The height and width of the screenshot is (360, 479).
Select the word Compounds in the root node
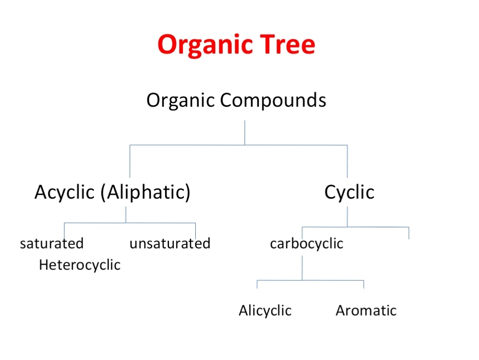(x=273, y=100)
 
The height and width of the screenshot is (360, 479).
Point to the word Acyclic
(x=65, y=193)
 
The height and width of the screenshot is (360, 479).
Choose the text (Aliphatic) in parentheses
(x=146, y=193)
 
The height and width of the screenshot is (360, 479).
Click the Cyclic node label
(x=349, y=193)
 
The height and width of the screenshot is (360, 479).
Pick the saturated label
(x=52, y=243)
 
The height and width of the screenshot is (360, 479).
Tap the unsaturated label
(x=170, y=243)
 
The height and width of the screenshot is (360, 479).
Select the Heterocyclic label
(x=80, y=265)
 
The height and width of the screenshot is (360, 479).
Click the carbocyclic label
(x=307, y=244)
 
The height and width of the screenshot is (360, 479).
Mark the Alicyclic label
(x=265, y=310)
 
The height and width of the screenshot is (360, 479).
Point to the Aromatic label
(x=366, y=310)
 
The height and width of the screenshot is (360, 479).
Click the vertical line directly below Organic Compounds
(x=244, y=133)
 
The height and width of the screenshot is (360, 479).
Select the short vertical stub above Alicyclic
(x=257, y=284)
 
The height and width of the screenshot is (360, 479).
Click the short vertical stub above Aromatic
(x=364, y=284)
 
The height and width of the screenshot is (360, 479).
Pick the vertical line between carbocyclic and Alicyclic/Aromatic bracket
(x=302, y=268)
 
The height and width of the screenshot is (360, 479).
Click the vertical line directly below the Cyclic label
(x=347, y=217)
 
